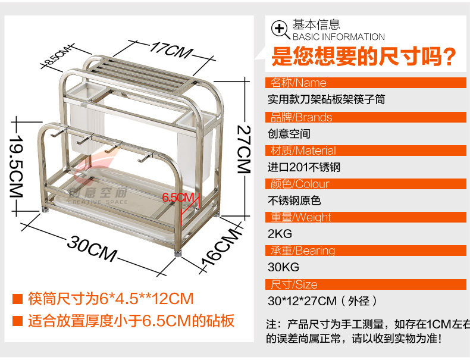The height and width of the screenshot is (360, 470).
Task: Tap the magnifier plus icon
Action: [x=280, y=29]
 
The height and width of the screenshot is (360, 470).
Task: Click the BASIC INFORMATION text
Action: [x=339, y=37]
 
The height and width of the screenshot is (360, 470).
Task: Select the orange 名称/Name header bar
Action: [x=366, y=83]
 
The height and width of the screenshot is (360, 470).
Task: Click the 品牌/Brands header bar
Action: [x=366, y=117]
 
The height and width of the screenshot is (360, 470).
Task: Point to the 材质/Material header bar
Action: [x=366, y=150]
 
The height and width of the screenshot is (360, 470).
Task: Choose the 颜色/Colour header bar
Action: [x=366, y=183]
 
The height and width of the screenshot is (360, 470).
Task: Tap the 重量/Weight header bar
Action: [x=366, y=217]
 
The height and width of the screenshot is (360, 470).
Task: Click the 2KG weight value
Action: [x=280, y=233]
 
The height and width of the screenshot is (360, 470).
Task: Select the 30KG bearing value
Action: [x=284, y=267]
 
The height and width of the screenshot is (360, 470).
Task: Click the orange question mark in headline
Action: [x=450, y=58]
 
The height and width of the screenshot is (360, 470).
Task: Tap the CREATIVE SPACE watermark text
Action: [x=98, y=202]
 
